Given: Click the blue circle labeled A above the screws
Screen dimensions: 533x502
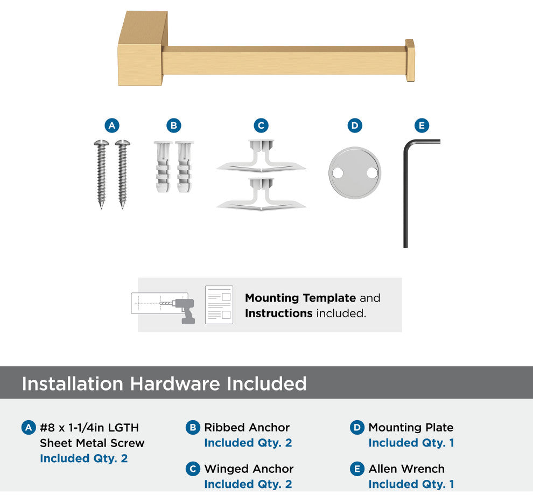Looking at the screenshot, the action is (112, 125).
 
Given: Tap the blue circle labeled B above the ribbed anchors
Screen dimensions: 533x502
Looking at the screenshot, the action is (174, 125).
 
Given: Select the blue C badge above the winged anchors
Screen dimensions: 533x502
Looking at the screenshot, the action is (261, 125).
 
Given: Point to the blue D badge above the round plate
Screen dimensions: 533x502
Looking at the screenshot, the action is (355, 125).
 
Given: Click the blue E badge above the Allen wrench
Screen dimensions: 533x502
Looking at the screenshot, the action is (422, 125).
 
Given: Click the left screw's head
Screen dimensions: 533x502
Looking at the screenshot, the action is (101, 143).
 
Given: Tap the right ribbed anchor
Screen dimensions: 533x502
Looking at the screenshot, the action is (184, 166).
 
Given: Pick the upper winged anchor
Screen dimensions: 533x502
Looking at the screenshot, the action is (261, 156).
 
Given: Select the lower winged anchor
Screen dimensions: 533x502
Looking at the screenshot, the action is (261, 194).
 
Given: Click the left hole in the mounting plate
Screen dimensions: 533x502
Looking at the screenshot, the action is (338, 173).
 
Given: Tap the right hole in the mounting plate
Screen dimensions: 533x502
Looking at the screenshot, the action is (372, 173).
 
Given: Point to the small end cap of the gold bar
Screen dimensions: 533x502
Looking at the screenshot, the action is (410, 60).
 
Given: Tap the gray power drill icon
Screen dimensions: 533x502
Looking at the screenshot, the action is (184, 311).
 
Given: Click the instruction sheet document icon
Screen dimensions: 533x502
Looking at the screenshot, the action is (219, 305).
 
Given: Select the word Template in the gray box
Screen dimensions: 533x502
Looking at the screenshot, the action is (329, 298).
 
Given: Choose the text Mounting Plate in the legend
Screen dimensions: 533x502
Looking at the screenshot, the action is (411, 427).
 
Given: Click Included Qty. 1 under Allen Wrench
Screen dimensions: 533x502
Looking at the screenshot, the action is (411, 484).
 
